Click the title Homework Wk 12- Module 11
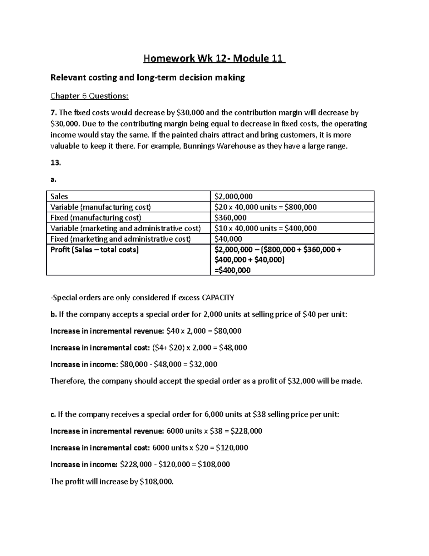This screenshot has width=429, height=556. (x=214, y=58)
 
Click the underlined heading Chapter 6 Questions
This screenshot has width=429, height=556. (x=89, y=96)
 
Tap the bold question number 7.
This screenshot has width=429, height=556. (x=53, y=113)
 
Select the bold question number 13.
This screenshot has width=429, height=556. (x=56, y=163)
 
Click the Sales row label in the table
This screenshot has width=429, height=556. (x=59, y=197)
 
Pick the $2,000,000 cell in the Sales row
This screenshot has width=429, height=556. (x=233, y=197)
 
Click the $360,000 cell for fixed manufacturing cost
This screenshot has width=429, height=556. (x=231, y=218)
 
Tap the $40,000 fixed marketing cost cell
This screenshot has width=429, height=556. (x=228, y=239)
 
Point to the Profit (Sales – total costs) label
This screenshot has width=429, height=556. (x=94, y=250)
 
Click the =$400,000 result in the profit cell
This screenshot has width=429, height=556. (x=232, y=270)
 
